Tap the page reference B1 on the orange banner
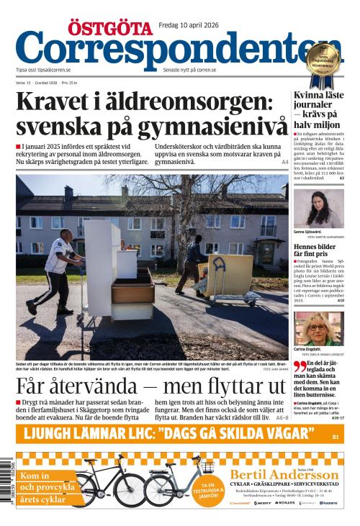click(x=335, y=437)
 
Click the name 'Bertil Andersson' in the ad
click(x=284, y=476)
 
